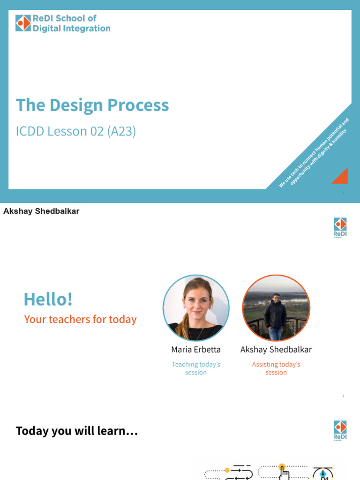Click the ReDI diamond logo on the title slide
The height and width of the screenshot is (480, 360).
(23, 23)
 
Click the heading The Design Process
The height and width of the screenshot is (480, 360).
(92, 105)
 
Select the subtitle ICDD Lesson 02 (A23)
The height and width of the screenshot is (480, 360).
(76, 131)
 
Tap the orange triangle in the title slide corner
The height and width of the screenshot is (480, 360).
(340, 176)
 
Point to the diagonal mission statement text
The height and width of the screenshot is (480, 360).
(314, 153)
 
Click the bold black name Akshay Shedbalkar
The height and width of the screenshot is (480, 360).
(41, 211)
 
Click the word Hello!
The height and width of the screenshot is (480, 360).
(48, 299)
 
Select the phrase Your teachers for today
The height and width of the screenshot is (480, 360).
(80, 320)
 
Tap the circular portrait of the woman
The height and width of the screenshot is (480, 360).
(196, 307)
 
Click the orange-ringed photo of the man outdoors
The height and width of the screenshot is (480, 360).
(276, 307)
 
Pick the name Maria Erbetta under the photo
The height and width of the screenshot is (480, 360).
(196, 350)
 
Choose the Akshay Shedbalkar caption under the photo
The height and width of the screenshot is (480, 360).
(276, 350)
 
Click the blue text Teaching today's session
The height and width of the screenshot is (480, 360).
(196, 368)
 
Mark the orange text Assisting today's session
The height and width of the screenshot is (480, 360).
(276, 368)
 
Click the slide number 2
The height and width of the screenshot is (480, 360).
(343, 396)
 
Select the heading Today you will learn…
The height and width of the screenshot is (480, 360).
(77, 431)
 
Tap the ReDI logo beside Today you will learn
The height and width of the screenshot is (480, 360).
(340, 430)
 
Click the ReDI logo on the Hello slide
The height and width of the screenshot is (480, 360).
(340, 227)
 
